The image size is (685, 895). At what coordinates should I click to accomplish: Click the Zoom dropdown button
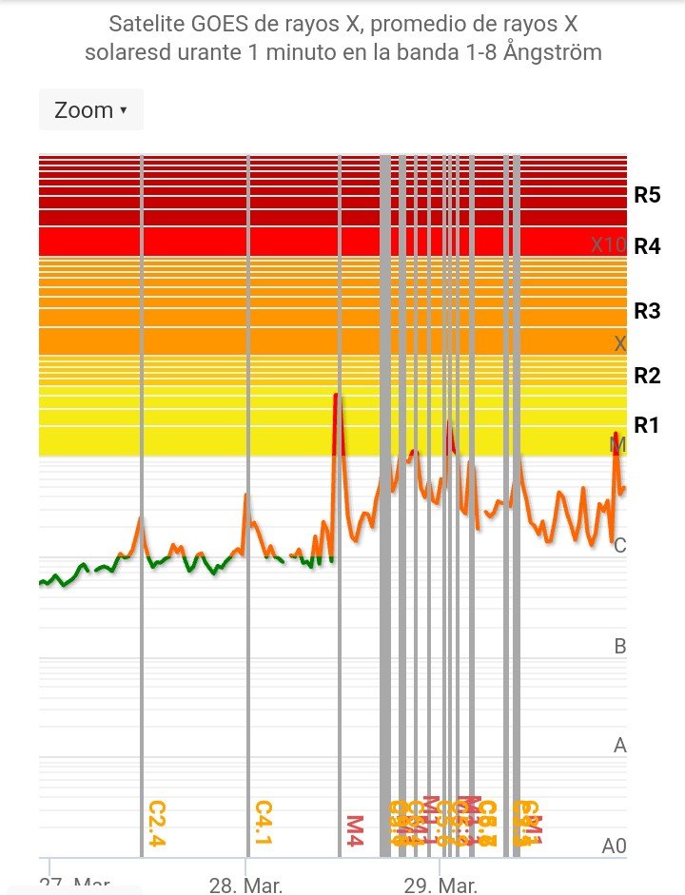90,110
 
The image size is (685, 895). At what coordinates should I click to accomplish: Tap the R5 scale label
647,196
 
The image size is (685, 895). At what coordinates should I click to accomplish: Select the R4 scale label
647,246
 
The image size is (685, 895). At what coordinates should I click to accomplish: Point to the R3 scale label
647,311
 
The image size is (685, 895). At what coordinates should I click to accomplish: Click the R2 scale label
647,376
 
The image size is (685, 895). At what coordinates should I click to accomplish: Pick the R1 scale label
647,425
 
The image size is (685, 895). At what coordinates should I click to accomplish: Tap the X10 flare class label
608,245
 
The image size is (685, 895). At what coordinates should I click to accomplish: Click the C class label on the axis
620,546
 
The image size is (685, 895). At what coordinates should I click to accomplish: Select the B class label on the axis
620,647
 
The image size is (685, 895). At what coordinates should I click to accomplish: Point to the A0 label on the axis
615,845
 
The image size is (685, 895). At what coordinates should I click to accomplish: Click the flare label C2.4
157,823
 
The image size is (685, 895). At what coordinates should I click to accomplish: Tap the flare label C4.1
264,823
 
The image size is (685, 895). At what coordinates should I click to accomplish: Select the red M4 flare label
354,829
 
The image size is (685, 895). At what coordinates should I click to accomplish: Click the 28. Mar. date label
245,885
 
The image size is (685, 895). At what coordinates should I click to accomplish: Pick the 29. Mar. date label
440,885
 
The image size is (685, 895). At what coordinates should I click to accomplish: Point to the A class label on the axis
620,746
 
